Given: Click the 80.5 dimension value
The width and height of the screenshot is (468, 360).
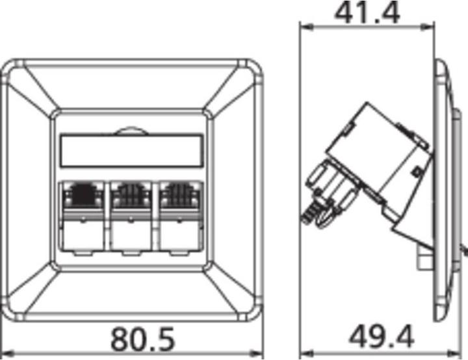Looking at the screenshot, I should point(142,339).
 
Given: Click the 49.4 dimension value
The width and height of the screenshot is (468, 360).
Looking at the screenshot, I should point(382,337).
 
